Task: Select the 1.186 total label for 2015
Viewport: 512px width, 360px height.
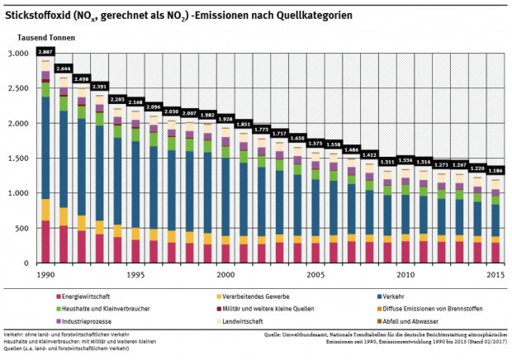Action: tap(496, 169)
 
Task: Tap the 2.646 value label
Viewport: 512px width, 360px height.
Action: tap(64, 68)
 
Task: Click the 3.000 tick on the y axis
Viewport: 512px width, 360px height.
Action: tap(18, 54)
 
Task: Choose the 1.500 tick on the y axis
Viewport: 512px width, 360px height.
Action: tap(18, 159)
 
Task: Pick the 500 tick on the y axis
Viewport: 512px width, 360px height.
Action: tap(22, 228)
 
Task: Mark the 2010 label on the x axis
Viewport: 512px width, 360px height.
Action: tap(405, 273)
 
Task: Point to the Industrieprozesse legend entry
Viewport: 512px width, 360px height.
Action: tap(86, 320)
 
